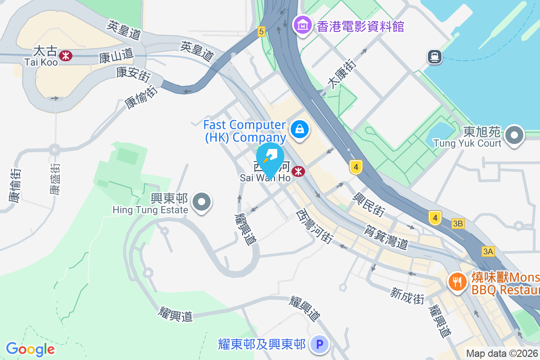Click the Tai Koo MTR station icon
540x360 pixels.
tap(66, 55)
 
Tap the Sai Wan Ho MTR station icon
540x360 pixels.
tap(297, 171)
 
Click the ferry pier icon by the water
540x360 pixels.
tap(435, 57)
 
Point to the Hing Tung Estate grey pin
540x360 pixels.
tap(202, 202)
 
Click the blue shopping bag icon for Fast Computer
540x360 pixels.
tap(298, 130)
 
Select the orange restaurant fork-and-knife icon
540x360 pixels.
tap(457, 282)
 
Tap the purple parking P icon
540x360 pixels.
tap(319, 345)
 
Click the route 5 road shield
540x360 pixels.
tap(261, 31)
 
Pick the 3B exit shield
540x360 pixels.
tap(458, 224)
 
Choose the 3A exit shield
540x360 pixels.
tap(488, 252)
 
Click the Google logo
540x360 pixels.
tap(30, 349)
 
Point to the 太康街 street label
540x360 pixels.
tap(342, 74)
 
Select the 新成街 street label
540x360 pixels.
tap(408, 296)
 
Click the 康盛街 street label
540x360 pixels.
tap(55, 178)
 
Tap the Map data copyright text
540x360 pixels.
tap(502, 354)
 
